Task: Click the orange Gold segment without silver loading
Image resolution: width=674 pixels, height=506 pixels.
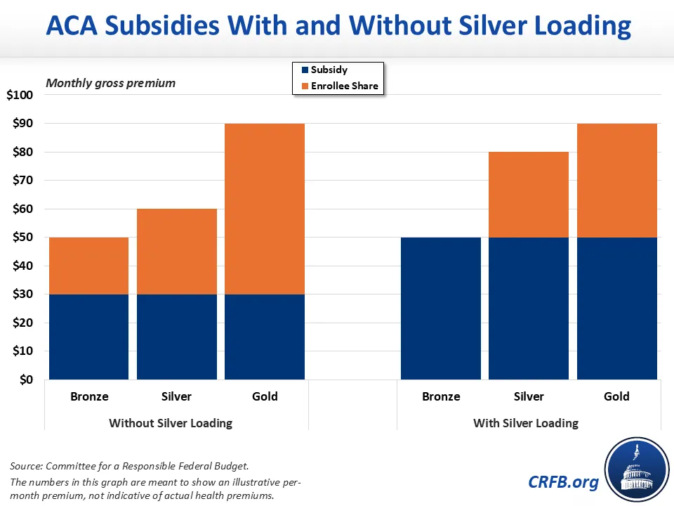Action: (265, 209)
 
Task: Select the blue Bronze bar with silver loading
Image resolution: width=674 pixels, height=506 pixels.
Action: (440, 308)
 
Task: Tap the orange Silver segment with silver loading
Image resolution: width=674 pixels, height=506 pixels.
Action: (529, 195)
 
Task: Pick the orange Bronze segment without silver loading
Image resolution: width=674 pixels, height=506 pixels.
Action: (88, 266)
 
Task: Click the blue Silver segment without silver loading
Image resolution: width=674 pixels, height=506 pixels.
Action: (176, 337)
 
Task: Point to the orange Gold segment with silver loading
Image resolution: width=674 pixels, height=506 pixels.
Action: (616, 181)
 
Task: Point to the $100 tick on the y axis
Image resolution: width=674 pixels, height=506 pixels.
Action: (25, 95)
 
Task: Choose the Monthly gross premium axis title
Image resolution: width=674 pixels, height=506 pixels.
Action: (110, 83)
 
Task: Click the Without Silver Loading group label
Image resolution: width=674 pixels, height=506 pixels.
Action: (171, 423)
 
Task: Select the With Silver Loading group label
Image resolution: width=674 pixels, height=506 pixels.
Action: (526, 423)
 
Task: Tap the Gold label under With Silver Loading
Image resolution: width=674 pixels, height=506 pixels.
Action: (616, 396)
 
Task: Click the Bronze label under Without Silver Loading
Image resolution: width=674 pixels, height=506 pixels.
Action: (89, 396)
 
